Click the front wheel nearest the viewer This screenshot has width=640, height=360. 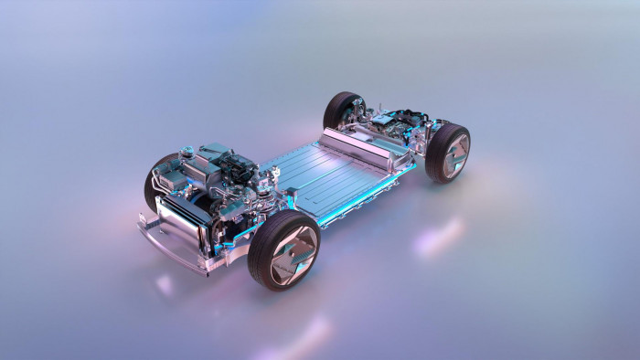pyautogui.click(x=284, y=249)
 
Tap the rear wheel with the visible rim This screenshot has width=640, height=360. pyautogui.click(x=449, y=153)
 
